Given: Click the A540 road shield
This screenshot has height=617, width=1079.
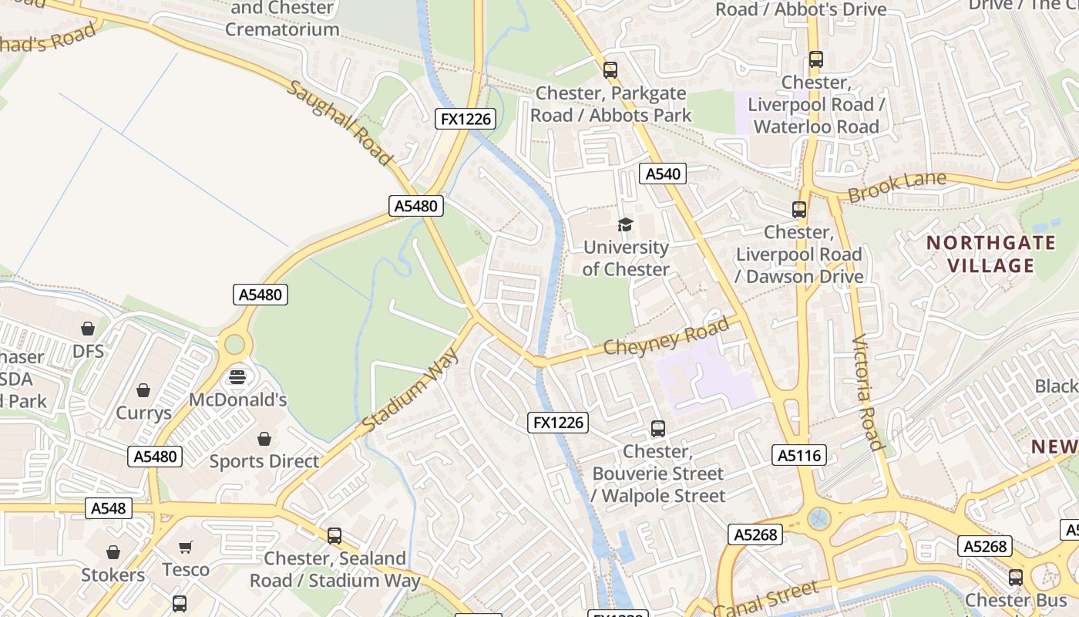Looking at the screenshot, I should [663, 174].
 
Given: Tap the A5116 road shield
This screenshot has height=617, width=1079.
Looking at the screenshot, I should [799, 455].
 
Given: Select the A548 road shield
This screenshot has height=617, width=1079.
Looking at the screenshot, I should [108, 508].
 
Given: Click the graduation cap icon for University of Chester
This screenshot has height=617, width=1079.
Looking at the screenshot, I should [625, 224].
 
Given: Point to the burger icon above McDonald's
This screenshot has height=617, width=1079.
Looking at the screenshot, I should [237, 377].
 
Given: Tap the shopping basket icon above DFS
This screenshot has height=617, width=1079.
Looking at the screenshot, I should [88, 329].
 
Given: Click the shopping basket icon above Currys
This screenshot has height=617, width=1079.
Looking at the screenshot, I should [143, 390].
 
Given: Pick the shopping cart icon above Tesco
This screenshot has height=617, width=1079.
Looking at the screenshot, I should [185, 547].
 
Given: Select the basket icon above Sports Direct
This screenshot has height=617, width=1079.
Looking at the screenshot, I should [264, 439].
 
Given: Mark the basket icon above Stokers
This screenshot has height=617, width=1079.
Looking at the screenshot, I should [113, 552].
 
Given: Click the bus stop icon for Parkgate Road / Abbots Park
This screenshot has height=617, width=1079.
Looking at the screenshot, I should [610, 70].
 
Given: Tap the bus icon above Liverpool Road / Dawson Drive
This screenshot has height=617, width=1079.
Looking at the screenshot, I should [799, 209].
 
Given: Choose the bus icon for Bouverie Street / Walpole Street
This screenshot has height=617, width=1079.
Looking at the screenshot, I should [658, 429].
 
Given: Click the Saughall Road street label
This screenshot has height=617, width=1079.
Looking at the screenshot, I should [340, 123].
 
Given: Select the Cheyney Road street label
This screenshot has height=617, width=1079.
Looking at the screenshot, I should [666, 337].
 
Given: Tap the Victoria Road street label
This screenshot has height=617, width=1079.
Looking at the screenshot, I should [868, 393].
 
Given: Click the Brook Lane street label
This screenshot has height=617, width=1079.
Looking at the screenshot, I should [896, 187].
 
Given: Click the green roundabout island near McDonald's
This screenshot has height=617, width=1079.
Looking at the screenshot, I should [234, 344].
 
